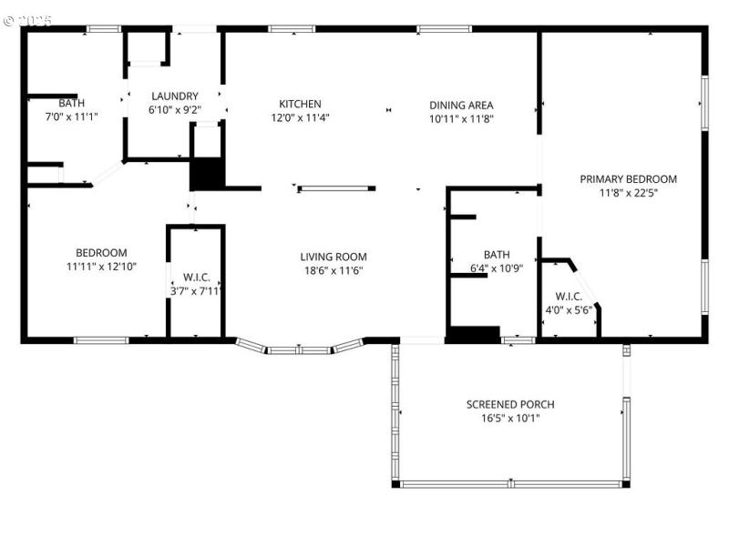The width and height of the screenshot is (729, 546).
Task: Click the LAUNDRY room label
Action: [175, 96]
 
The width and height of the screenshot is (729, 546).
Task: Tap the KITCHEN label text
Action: [300, 105]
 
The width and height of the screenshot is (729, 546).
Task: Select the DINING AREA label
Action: [461, 106]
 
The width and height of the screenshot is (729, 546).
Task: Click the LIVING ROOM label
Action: [334, 257]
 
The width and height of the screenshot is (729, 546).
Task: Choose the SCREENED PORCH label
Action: [510, 405]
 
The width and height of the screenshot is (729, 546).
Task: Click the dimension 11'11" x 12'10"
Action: [100, 267]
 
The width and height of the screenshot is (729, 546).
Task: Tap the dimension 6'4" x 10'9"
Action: [497, 269]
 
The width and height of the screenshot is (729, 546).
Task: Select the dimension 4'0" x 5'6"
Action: [569, 309]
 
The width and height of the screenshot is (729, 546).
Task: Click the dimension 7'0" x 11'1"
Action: [71, 116]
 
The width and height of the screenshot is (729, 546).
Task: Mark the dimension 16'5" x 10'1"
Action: [510, 419]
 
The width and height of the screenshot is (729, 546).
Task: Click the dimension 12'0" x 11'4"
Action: [300, 117]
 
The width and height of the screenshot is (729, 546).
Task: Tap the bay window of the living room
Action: [299, 348]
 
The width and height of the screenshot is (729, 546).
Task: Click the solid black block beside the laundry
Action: [207, 173]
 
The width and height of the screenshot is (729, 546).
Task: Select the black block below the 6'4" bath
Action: [473, 334]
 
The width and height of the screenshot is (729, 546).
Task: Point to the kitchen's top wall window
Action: [292, 29]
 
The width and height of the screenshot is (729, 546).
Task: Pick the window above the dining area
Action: [444, 29]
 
